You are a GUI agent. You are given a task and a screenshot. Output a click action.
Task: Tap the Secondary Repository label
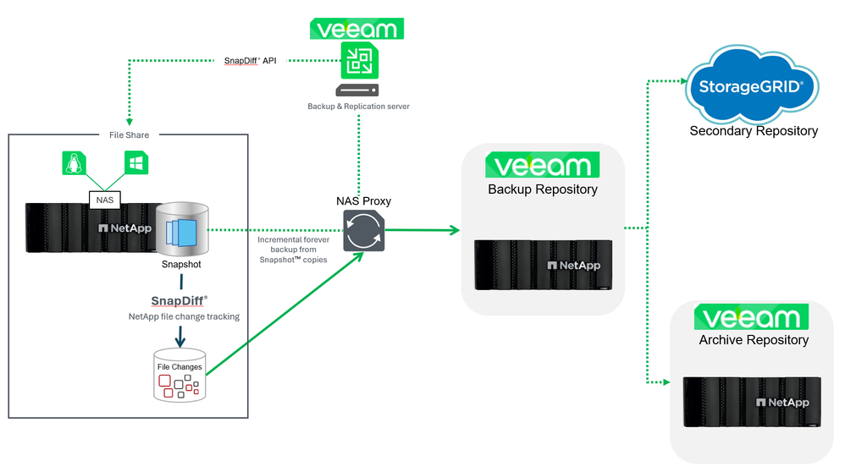(753, 131)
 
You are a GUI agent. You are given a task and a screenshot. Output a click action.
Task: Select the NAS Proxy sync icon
(364, 231)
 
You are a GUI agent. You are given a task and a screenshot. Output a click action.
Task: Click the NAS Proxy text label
(364, 201)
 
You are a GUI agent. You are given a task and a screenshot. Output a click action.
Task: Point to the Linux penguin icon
(74, 163)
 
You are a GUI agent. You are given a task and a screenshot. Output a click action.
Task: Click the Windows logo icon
(135, 163)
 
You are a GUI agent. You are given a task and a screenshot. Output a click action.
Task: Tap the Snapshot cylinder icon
(181, 229)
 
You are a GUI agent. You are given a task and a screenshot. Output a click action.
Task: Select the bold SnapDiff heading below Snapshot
(179, 300)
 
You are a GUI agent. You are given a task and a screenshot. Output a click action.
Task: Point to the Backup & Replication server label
(358, 107)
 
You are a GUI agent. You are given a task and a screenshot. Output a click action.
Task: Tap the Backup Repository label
(543, 189)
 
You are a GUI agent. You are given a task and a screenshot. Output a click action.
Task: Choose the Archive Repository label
(754, 340)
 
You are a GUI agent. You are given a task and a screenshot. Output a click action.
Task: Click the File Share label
(129, 134)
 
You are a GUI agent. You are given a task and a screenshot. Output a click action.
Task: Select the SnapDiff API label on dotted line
(251, 60)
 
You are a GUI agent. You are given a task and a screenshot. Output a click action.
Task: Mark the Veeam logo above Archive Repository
(752, 317)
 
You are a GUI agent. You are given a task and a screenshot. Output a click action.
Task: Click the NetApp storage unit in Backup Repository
(543, 265)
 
